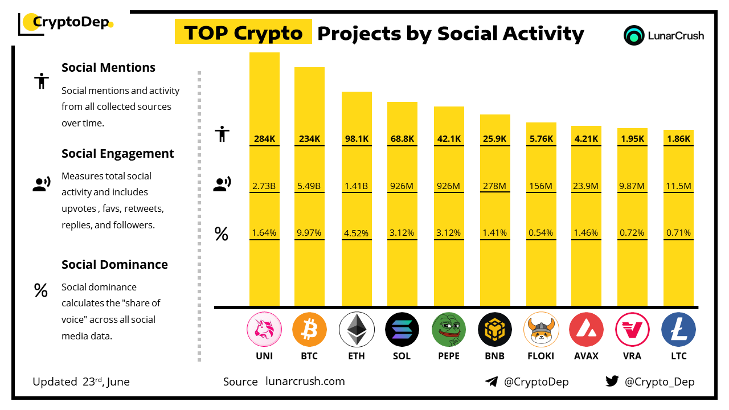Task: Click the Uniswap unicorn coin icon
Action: tap(264, 330)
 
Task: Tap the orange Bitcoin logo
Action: tap(309, 330)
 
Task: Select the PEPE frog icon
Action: tap(449, 330)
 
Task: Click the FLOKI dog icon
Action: tap(541, 330)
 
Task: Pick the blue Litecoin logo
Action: tap(678, 330)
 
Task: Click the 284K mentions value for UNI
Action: tap(264, 139)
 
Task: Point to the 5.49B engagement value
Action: tap(309, 186)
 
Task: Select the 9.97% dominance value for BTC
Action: tap(309, 232)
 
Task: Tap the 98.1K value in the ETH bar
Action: tap(357, 139)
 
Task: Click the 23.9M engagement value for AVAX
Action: tap(586, 186)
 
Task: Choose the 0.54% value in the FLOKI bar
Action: tap(541, 232)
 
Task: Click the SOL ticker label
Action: tap(402, 356)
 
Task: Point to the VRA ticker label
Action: tap(632, 356)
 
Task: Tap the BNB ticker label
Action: tap(495, 356)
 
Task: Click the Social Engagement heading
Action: tap(118, 154)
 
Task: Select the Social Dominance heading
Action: tap(114, 264)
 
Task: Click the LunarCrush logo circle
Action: tap(634, 35)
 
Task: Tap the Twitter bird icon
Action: tap(612, 381)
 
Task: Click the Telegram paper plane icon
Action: tap(492, 382)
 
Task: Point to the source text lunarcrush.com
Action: tap(305, 381)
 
